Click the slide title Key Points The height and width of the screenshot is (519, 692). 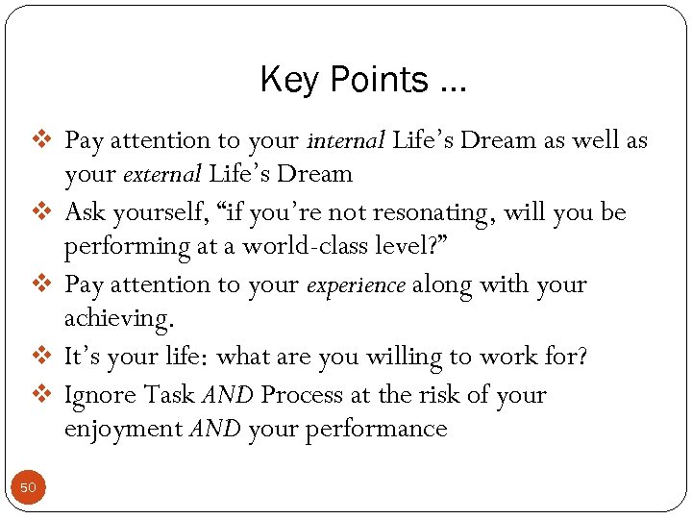point(362,80)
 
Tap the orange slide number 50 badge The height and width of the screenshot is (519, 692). point(28,488)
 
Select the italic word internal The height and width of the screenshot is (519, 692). point(345,140)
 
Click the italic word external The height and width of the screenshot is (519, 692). point(161,174)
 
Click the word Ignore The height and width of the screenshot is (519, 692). point(101,395)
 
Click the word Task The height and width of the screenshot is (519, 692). point(169,395)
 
